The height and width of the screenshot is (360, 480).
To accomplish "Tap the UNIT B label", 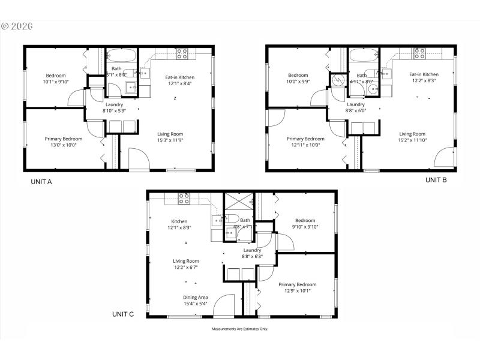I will [x=436, y=179].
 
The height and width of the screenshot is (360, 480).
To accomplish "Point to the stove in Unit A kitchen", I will [x=181, y=53].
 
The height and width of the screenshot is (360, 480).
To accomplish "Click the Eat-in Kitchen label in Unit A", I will [x=180, y=77].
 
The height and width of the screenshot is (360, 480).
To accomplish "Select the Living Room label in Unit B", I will [x=412, y=134].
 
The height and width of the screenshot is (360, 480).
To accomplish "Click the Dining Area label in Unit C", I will [x=196, y=297].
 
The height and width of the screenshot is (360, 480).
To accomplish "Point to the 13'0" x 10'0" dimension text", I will [x=63, y=145].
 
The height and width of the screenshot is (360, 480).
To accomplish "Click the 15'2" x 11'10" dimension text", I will [x=412, y=140].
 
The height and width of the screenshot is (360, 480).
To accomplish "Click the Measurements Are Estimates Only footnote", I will [x=239, y=329].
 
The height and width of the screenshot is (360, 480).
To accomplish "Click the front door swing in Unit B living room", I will [x=445, y=157].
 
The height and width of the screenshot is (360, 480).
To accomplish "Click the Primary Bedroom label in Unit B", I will [x=305, y=139].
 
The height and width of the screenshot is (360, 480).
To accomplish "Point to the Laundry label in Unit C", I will [x=252, y=250].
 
